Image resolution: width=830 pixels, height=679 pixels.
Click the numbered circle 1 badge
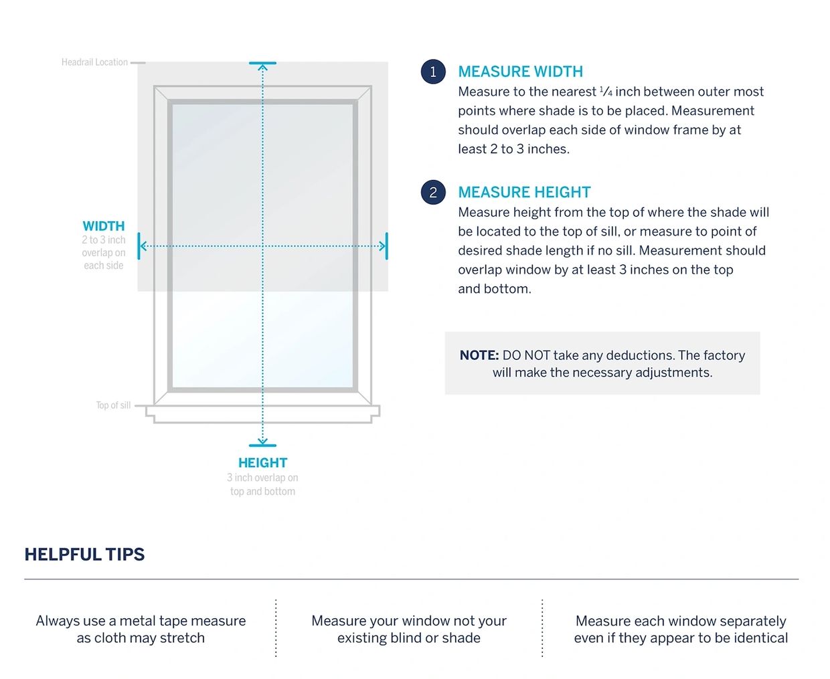(433, 72)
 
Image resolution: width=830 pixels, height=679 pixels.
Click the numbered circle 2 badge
(433, 193)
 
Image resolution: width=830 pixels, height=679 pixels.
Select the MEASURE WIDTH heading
(520, 72)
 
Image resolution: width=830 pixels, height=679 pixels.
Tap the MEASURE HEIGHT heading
(524, 193)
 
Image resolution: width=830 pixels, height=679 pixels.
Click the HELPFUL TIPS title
(84, 555)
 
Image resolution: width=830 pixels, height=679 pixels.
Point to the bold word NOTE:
(479, 355)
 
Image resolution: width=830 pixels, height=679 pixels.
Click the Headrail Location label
(94, 62)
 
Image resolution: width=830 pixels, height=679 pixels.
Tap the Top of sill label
(113, 405)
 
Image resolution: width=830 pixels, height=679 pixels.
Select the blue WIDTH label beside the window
(104, 226)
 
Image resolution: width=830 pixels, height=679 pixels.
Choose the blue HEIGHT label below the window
(262, 463)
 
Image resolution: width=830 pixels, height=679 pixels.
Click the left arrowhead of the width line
(142, 246)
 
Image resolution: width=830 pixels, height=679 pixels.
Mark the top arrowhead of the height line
(262, 66)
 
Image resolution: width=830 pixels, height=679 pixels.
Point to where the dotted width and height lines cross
(262, 246)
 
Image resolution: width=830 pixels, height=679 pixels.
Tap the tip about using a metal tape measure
(141, 629)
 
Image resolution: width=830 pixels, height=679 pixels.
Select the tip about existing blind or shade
(408, 629)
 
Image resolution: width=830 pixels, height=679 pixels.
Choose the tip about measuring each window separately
(681, 629)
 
